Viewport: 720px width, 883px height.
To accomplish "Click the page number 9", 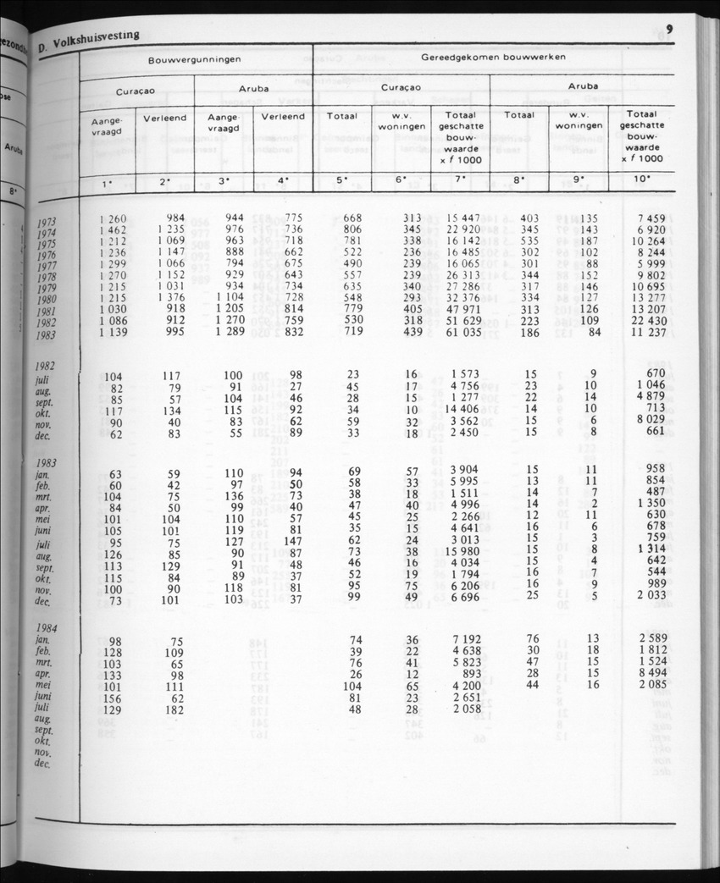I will point(669,29).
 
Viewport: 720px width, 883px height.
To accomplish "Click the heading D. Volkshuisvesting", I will point(88,40).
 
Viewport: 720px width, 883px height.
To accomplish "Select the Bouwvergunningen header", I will point(196,60).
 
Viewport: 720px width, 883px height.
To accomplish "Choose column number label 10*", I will point(643,179).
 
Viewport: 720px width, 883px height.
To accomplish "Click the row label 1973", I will point(47,224).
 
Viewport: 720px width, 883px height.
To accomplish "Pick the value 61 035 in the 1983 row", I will point(463,332).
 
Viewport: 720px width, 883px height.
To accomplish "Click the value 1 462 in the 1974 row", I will point(113,229).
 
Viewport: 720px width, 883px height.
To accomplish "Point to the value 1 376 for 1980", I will point(169,298).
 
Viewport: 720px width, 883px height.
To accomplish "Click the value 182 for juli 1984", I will point(175,709).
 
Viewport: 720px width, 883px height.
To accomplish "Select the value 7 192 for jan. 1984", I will point(467,639).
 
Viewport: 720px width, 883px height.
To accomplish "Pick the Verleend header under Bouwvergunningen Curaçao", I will point(165,119).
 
